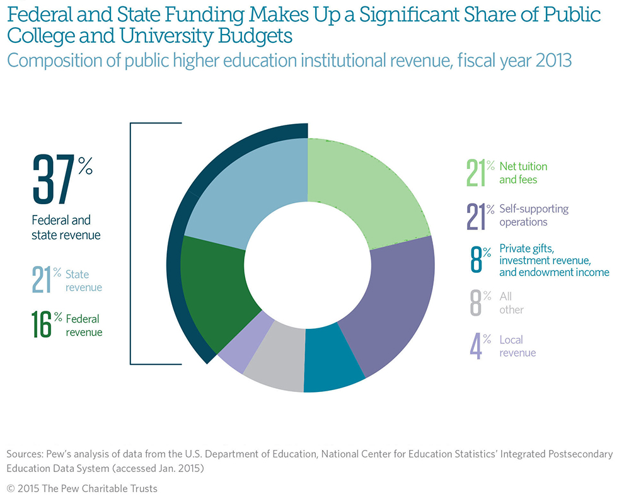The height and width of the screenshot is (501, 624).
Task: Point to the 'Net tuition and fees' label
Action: tap(523, 172)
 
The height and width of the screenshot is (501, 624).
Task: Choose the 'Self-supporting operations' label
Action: tap(533, 215)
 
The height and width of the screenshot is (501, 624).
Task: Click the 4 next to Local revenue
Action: tap(475, 347)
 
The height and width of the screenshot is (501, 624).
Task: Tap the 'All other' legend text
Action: tap(511, 303)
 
